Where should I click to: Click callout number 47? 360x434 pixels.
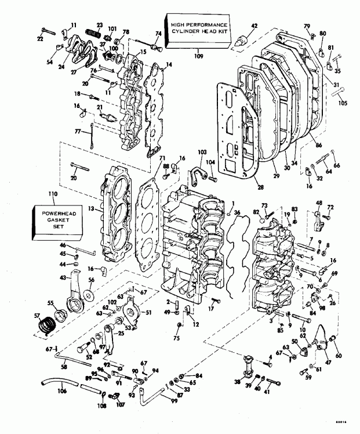(329, 363)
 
